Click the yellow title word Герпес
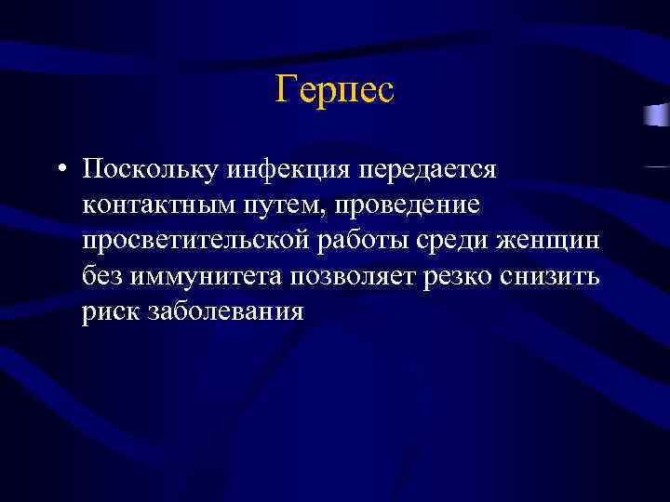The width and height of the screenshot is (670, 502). [x=335, y=91]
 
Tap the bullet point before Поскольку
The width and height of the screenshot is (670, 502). [x=60, y=170]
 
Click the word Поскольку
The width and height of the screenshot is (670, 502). [x=149, y=169]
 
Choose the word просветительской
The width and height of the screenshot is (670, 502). [x=195, y=241]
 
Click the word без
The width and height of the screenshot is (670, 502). [x=101, y=276]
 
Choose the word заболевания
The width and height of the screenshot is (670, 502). [x=225, y=311]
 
